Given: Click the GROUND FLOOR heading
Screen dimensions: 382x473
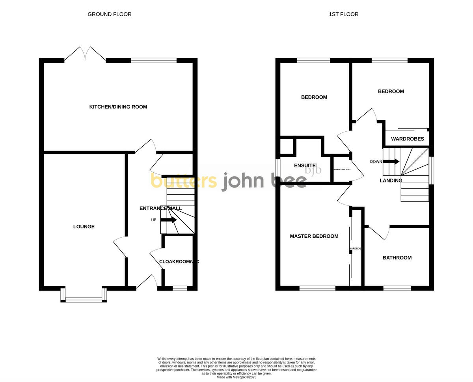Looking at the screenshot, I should [x=110, y=14].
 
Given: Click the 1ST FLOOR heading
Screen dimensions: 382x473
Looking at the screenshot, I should [x=344, y=14].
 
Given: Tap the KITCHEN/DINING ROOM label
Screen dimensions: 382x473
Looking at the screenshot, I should [x=118, y=107].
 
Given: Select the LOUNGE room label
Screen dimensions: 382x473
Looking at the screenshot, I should [x=84, y=227].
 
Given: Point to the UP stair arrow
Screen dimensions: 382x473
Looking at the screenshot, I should [x=168, y=220].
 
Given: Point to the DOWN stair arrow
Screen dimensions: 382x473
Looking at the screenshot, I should [x=391, y=162].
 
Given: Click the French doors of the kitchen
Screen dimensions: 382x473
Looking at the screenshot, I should [x=85, y=54].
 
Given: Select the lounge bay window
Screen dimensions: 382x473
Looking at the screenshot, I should [x=84, y=300].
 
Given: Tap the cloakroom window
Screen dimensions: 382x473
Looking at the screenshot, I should [x=180, y=289].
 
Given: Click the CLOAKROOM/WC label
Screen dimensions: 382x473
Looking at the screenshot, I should [x=179, y=261].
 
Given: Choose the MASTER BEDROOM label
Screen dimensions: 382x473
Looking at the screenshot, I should [x=314, y=236].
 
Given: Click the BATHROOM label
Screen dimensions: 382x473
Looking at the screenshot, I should [x=397, y=258].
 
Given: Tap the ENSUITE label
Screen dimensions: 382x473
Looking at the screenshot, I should [x=305, y=166].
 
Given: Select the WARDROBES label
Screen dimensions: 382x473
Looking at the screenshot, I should [x=408, y=139].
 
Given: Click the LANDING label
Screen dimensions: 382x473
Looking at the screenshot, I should [x=391, y=181].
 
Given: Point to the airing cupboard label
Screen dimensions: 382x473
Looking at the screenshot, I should [x=342, y=170].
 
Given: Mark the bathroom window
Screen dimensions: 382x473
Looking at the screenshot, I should [x=397, y=288].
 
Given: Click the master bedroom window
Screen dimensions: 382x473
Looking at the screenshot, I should [x=317, y=288].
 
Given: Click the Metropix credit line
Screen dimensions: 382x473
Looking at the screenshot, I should [x=236, y=377].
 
